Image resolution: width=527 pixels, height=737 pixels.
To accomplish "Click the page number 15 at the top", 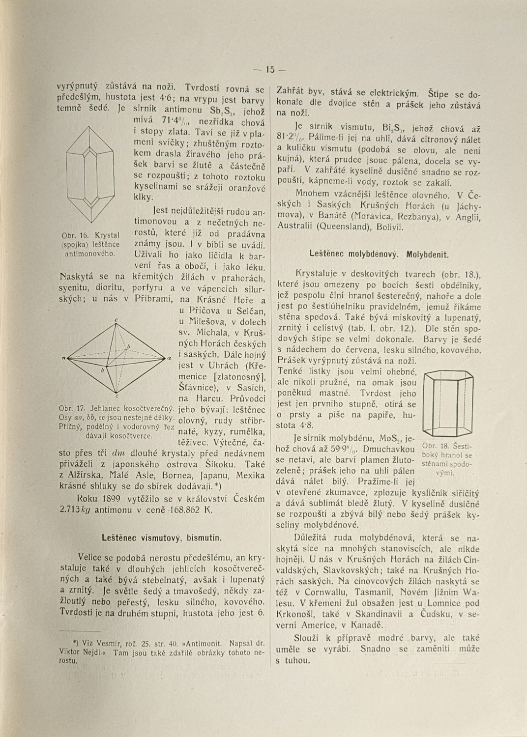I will [x=269, y=69].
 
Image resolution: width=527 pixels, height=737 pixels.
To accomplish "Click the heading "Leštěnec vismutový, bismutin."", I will [x=162, y=538].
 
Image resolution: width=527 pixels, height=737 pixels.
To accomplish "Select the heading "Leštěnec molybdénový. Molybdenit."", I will [x=379, y=255].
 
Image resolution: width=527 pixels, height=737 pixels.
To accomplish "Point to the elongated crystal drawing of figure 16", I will [x=90, y=173].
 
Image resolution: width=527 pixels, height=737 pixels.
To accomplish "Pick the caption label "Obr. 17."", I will [x=72, y=408].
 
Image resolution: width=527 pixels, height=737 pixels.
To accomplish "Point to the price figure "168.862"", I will [x=183, y=510].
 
